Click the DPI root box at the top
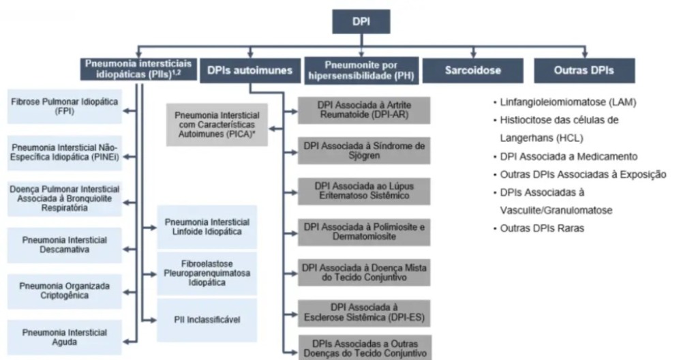point(362,22)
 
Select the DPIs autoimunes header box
point(247,70)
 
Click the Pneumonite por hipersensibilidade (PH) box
point(361,70)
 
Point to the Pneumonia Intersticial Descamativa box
point(65,245)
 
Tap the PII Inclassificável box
point(207,319)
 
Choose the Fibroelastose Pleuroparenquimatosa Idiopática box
point(207,273)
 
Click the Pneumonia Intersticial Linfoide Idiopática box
point(207,228)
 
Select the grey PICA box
point(217,123)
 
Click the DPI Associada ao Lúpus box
point(365,191)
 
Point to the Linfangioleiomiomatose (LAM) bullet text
point(568,102)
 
